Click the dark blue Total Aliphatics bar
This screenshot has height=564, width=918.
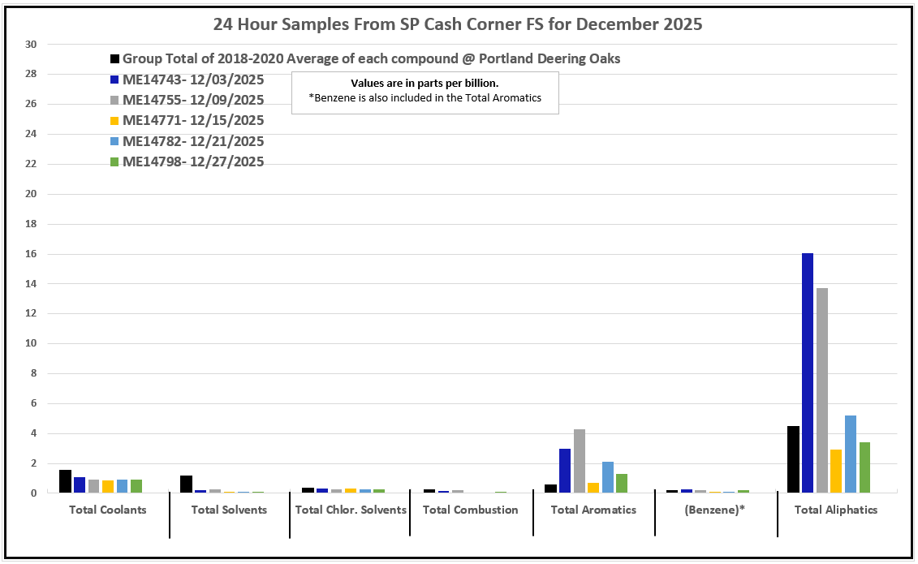(x=808, y=373)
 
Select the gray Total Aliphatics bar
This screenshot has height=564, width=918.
(x=822, y=390)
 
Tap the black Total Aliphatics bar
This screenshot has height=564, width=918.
(x=793, y=459)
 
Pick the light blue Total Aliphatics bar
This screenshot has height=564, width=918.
(x=851, y=454)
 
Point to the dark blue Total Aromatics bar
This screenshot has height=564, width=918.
(x=565, y=471)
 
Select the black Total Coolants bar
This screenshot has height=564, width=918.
(x=65, y=481)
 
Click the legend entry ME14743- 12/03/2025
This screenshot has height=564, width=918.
(x=193, y=80)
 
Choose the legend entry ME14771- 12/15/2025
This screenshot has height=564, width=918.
(x=193, y=120)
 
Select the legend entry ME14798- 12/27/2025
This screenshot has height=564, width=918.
(x=193, y=161)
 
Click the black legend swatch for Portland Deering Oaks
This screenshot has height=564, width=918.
(x=115, y=59)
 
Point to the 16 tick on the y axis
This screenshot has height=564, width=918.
(x=32, y=254)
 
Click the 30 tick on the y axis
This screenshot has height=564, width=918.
(x=32, y=45)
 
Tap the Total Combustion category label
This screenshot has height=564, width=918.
(x=470, y=510)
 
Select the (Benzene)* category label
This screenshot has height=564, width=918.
(x=715, y=510)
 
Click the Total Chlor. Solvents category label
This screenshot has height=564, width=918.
(x=350, y=510)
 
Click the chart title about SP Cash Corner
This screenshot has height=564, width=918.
(x=458, y=24)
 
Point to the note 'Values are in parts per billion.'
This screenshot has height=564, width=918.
(x=425, y=84)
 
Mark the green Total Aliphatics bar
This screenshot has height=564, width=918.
(x=865, y=467)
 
